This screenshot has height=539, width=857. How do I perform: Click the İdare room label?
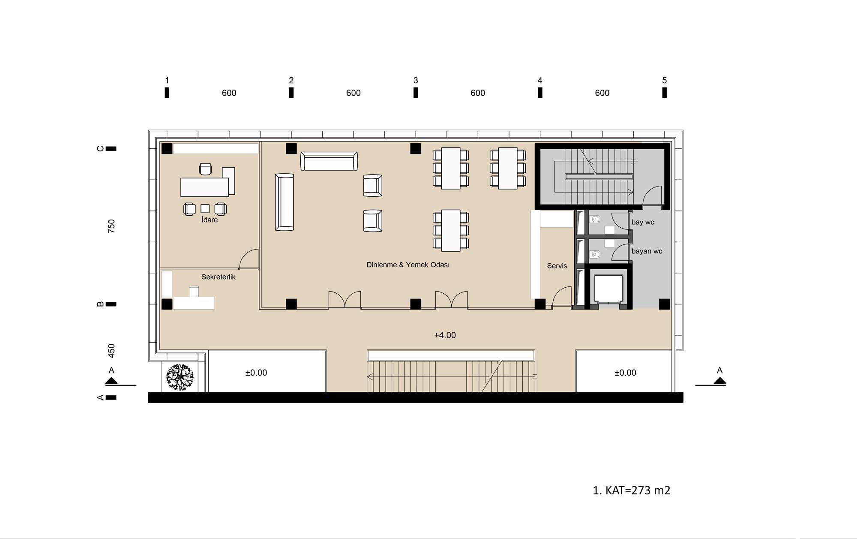210,220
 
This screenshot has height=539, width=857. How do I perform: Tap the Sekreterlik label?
219,277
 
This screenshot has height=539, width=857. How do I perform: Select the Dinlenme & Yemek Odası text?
408,265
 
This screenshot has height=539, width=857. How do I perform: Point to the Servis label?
557,266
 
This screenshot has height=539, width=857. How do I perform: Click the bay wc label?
643,222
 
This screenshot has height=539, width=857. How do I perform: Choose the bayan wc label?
647,251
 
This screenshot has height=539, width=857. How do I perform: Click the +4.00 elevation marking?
445,335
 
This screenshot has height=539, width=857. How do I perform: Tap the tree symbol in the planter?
180,377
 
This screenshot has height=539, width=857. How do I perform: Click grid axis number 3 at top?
416,80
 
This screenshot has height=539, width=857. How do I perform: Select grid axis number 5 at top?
665,80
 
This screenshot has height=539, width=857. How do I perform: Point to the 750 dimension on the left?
111,226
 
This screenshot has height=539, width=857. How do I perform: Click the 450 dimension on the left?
111,351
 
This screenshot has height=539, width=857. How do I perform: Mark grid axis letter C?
101,149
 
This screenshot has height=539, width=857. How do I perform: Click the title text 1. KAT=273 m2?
632,490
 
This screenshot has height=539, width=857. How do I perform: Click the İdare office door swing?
249,259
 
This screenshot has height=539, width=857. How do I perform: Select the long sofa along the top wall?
329,161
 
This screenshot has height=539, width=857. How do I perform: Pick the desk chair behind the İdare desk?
206,169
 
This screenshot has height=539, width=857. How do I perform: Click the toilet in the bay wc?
595,220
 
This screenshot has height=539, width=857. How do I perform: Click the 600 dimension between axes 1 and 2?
229,93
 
